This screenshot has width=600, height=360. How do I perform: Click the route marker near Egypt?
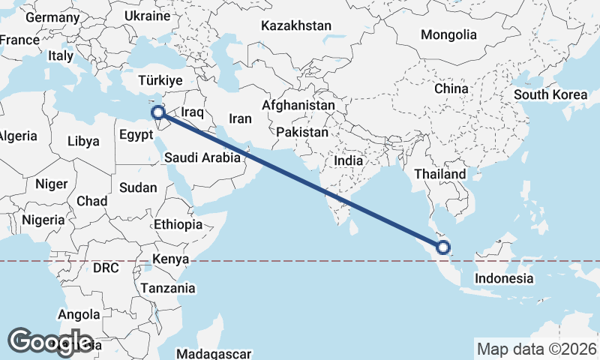click(158, 113)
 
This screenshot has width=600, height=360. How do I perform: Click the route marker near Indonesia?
click(443, 247)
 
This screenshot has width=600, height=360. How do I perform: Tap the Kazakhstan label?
click(296, 25)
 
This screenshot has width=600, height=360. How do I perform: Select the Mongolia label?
click(448, 34)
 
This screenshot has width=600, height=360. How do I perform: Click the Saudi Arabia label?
click(202, 157)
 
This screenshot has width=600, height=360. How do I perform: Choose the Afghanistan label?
click(298, 106)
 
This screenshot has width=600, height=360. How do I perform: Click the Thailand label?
click(440, 174)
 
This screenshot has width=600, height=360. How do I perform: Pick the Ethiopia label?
click(178, 224)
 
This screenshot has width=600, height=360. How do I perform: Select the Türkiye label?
click(161, 80)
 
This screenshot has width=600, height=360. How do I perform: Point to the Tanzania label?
click(168, 288)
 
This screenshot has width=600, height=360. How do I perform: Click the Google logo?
click(50, 342)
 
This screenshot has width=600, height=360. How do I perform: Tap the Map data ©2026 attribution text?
click(537, 349)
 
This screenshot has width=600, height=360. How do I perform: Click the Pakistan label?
click(302, 132)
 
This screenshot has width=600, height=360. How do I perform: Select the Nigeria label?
click(43, 220)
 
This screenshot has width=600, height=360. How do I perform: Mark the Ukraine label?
click(148, 15)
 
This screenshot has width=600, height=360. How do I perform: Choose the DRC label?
click(106, 268)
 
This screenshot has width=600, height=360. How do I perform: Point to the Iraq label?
click(193, 112)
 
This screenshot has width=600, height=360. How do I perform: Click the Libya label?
click(82, 141)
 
